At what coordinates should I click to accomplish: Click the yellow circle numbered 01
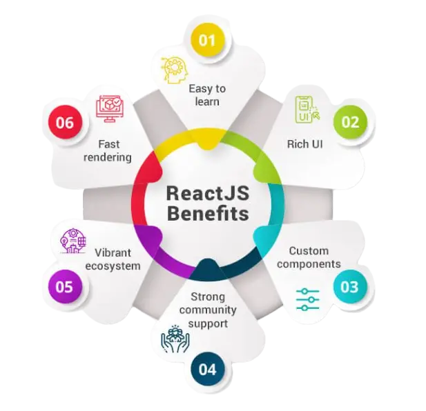click(x=207, y=40)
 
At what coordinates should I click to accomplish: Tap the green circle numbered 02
click(x=351, y=122)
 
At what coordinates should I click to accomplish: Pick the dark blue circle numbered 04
click(x=207, y=369)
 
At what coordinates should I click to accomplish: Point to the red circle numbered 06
click(x=65, y=123)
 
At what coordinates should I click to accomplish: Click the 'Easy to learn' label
click(x=207, y=95)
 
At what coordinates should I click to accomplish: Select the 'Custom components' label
click(x=314, y=257)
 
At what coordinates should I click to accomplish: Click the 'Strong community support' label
click(x=206, y=310)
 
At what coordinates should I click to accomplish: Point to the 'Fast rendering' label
click(x=109, y=150)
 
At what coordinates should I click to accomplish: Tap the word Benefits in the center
click(x=206, y=214)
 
